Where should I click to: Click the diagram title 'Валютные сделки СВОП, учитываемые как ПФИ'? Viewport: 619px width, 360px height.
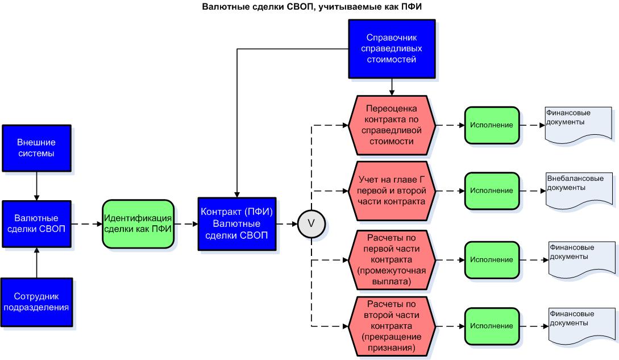click(309, 7)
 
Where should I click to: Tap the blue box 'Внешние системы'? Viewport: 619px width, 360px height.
click(36, 148)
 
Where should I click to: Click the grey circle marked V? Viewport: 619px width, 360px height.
click(311, 224)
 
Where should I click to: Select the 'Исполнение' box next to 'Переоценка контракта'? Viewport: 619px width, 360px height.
click(492, 125)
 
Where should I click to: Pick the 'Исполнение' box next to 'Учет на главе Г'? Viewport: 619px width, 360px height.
click(492, 191)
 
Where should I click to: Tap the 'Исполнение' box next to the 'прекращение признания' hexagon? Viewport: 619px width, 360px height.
click(492, 326)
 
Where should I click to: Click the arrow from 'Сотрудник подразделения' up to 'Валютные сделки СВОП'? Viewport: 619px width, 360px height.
click(36, 263)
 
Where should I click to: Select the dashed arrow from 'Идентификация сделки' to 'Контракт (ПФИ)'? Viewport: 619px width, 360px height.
click(185, 224)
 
